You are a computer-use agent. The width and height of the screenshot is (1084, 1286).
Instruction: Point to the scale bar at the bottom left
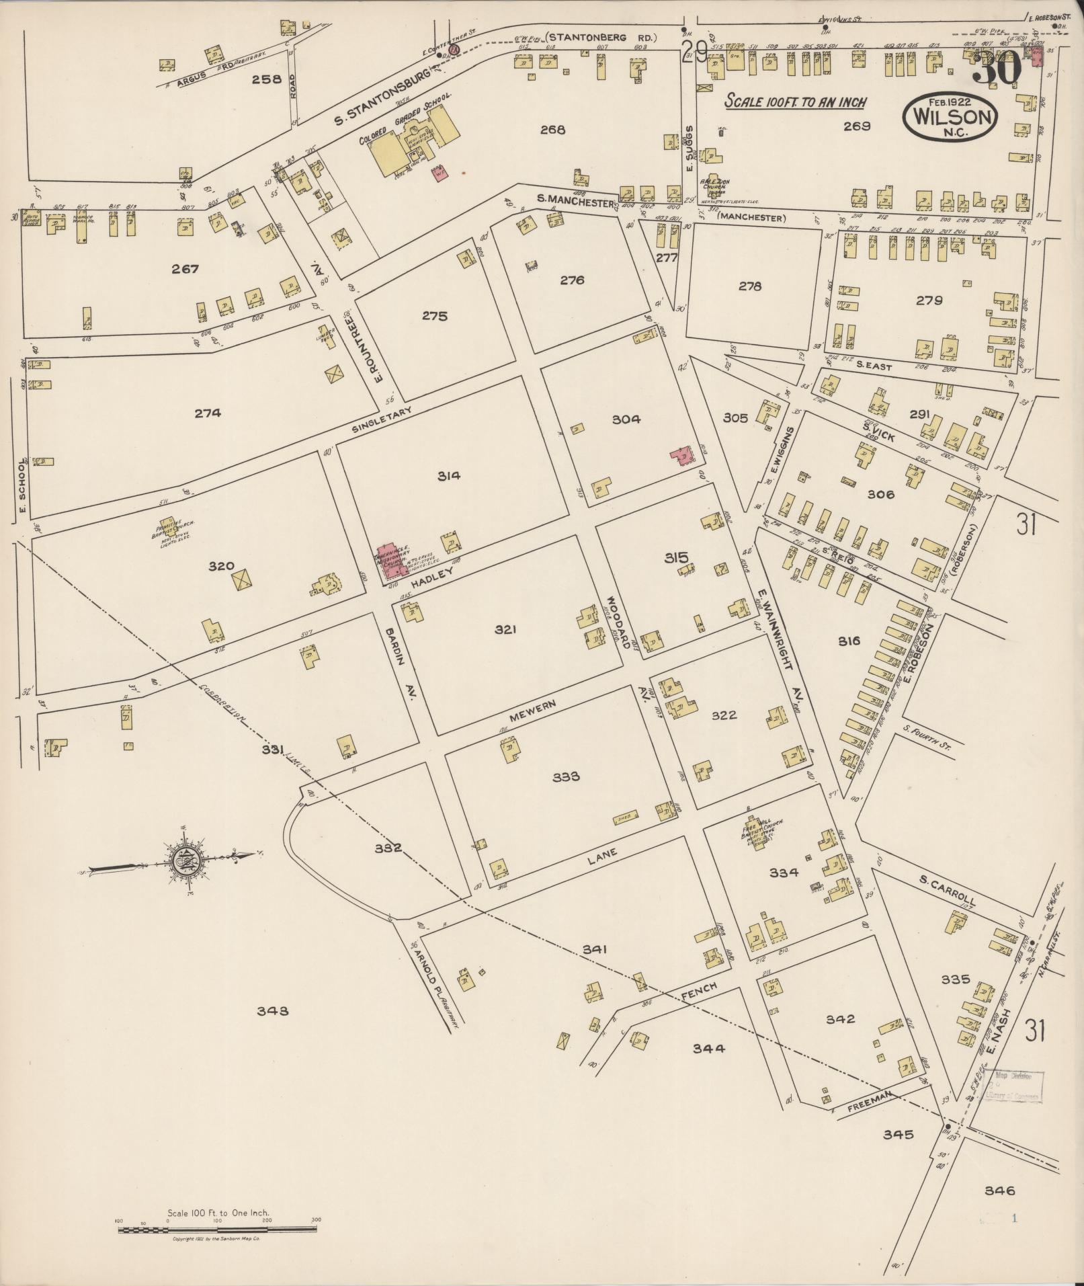coord(217,1230)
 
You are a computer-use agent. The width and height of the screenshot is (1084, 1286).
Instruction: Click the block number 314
coord(448,476)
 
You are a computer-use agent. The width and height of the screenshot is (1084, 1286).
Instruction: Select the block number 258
coord(265,79)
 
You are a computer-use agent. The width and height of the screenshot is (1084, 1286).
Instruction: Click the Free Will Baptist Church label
coord(759,832)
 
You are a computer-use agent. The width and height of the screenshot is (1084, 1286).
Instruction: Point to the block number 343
coord(273,1010)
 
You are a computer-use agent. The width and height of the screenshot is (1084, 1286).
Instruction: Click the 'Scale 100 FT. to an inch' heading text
coord(796,102)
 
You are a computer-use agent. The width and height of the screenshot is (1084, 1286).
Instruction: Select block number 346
coord(999,1191)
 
